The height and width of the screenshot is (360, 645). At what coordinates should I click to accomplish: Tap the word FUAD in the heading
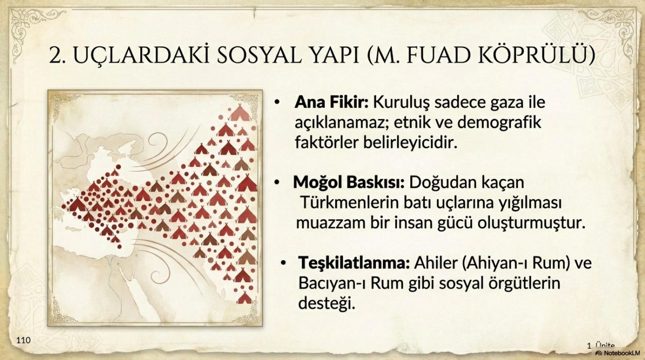click(439, 55)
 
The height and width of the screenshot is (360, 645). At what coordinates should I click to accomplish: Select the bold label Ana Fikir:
click(331, 102)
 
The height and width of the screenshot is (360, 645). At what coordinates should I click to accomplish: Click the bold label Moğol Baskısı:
click(349, 183)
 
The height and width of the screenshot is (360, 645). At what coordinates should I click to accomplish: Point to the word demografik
click(499, 123)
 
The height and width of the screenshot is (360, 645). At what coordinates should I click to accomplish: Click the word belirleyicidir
click(410, 143)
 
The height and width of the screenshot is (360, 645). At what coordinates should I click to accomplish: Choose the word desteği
click(327, 303)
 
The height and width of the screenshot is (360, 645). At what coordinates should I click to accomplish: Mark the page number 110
click(23, 340)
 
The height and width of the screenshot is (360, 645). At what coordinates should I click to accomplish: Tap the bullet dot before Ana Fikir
click(277, 103)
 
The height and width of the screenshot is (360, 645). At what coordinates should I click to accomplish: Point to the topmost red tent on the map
click(239, 113)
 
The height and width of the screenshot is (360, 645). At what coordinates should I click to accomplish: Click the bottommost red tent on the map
click(244, 298)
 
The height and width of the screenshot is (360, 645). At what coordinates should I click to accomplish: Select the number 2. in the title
click(57, 55)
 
